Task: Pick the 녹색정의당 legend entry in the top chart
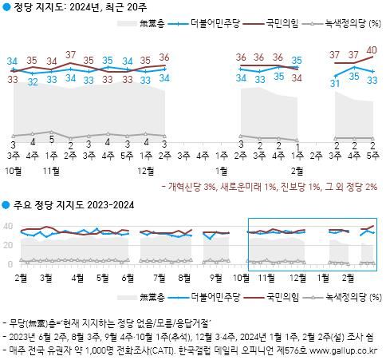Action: point(346,26)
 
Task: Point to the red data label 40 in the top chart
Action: point(372,49)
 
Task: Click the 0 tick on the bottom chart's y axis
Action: point(11,263)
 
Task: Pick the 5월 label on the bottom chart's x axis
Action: point(102,278)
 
